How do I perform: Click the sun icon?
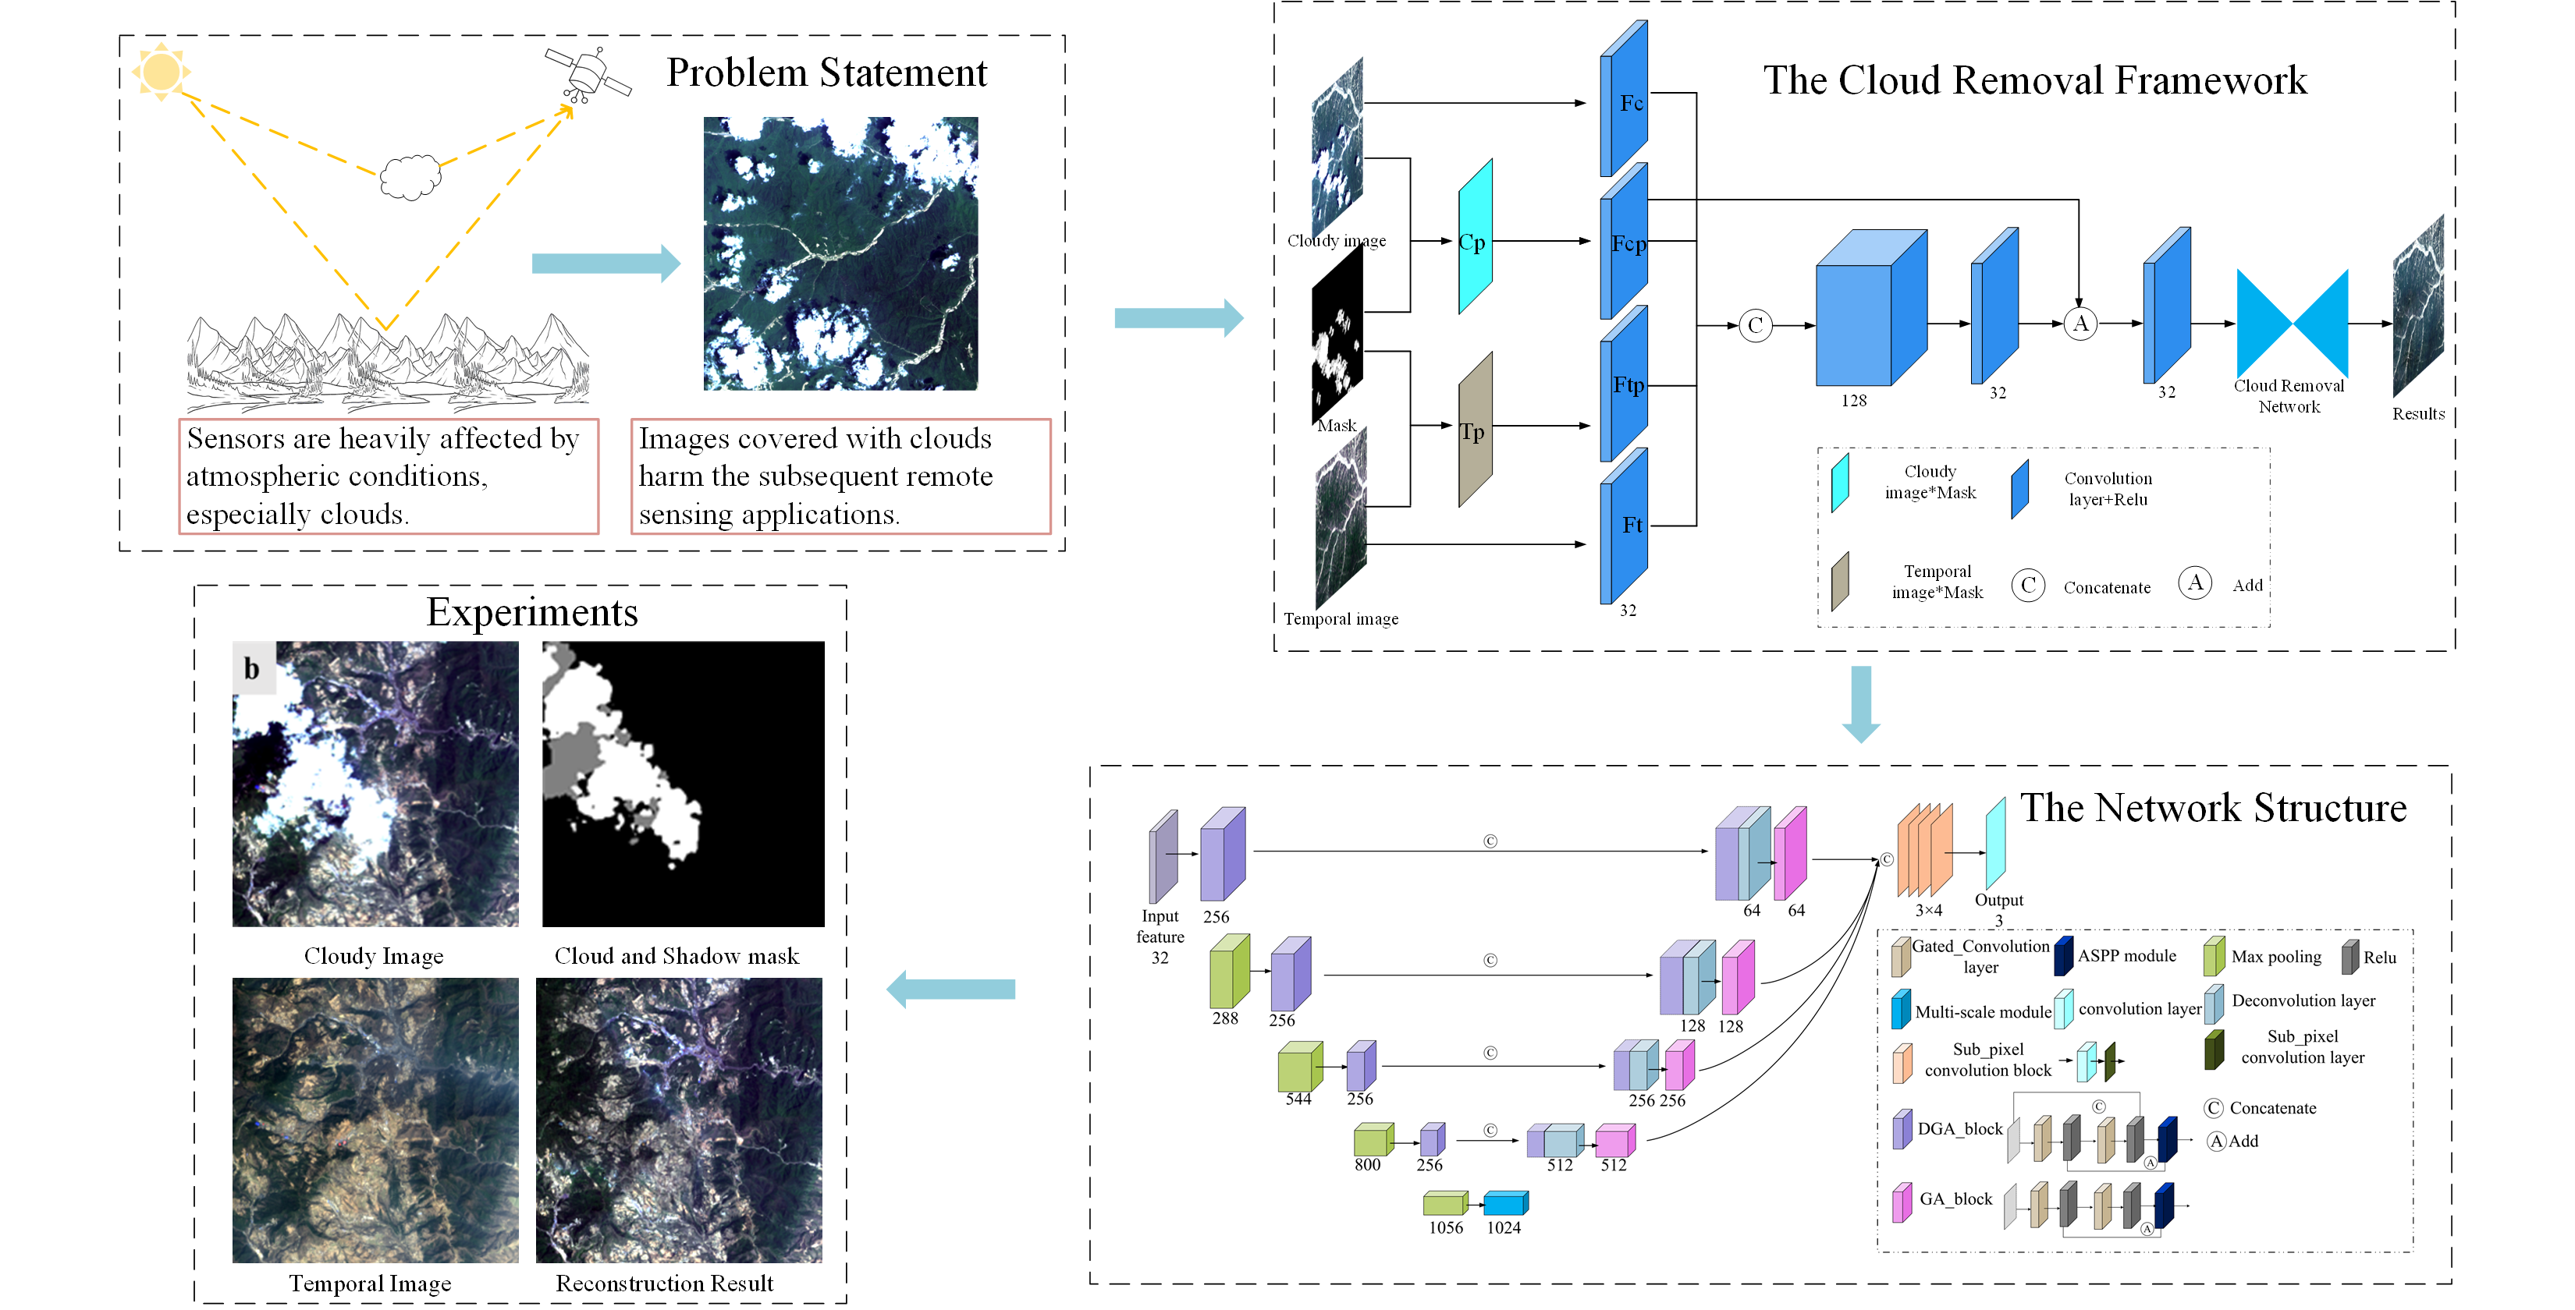pyautogui.click(x=161, y=72)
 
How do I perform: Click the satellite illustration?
pyautogui.click(x=588, y=73)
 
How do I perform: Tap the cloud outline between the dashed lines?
pyautogui.click(x=410, y=177)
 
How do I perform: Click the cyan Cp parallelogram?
pyautogui.click(x=1475, y=238)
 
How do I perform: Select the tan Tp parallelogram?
pyautogui.click(x=1475, y=430)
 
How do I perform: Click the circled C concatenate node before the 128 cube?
pyautogui.click(x=1756, y=326)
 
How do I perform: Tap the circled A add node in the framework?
pyautogui.click(x=2080, y=324)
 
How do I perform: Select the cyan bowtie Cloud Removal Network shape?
pyautogui.click(x=2291, y=324)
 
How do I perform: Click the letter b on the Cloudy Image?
pyautogui.click(x=252, y=668)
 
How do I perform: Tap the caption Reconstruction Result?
pyautogui.click(x=664, y=1283)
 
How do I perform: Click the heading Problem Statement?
pyautogui.click(x=826, y=73)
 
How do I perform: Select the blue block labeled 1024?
pyautogui.click(x=1504, y=1203)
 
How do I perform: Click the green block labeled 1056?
pyautogui.click(x=1444, y=1203)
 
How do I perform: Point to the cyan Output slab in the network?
pyautogui.click(x=1994, y=844)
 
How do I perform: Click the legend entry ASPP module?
pyautogui.click(x=2126, y=956)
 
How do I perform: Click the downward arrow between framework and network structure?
pyautogui.click(x=1860, y=703)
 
